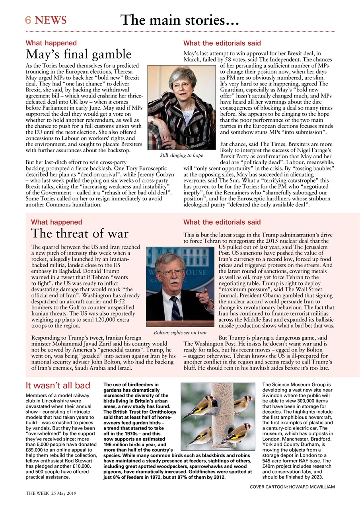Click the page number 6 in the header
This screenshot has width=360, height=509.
[x=29, y=20]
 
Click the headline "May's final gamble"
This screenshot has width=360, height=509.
[x=78, y=54]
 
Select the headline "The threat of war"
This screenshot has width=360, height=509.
[x=80, y=233]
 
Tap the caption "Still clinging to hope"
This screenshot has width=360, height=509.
[x=181, y=155]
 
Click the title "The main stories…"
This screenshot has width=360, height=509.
[x=180, y=20]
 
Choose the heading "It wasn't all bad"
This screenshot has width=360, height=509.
[x=58, y=385]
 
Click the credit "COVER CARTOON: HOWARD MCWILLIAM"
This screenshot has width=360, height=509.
[x=292, y=486]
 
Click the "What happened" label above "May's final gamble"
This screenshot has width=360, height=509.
[x=51, y=43]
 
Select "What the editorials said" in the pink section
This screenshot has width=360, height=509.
[x=222, y=222]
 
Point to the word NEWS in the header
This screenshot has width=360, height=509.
[x=51, y=20]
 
